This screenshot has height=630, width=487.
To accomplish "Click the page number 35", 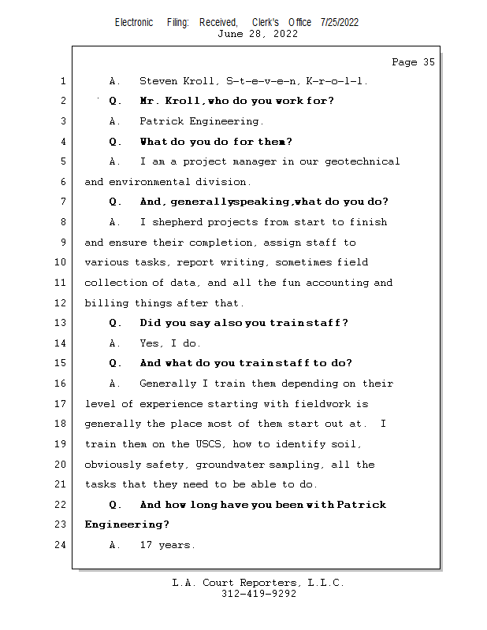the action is click(x=429, y=62).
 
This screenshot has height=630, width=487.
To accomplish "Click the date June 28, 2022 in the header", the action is click(x=258, y=34).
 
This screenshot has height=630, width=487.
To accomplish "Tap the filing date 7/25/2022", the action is click(x=340, y=22).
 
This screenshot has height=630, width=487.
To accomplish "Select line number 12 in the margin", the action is click(x=60, y=302).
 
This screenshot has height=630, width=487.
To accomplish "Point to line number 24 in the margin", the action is click(x=60, y=544).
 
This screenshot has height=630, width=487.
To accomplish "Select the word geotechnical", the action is click(x=362, y=161).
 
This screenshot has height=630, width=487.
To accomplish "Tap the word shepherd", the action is click(x=177, y=222).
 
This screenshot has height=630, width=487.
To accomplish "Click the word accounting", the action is click(x=337, y=283).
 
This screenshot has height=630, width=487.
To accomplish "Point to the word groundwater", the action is click(x=230, y=465).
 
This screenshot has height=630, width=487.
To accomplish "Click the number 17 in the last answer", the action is click(x=146, y=545).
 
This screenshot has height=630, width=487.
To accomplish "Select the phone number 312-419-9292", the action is click(x=258, y=594).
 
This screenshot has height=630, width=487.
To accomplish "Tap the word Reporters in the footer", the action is click(x=270, y=583).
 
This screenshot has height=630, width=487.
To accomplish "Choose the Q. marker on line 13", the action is click(x=115, y=323).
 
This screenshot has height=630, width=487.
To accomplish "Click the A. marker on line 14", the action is click(x=114, y=343).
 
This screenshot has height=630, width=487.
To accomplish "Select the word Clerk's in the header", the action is click(x=266, y=22).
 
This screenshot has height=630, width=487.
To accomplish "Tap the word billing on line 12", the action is click(x=106, y=303).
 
